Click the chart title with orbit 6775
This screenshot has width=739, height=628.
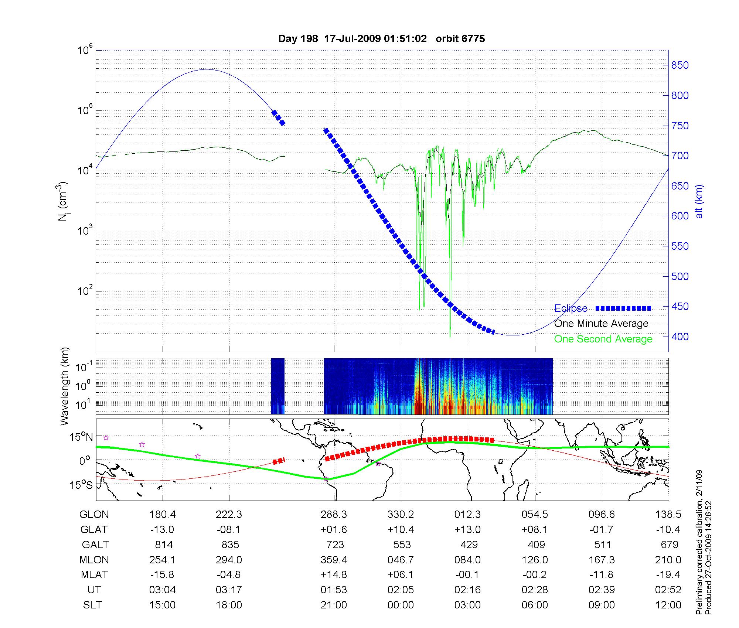[x=381, y=39]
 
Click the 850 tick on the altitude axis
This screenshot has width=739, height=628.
[x=680, y=65]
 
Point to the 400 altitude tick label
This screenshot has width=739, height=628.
[x=680, y=337]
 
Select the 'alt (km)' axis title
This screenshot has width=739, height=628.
[x=699, y=201]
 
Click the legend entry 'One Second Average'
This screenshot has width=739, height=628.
[x=603, y=339]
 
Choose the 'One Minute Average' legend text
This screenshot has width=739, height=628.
[x=601, y=324]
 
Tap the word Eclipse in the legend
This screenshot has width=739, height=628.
[x=571, y=308]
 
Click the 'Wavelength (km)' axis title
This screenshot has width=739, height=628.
[x=65, y=386]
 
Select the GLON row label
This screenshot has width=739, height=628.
[x=94, y=514]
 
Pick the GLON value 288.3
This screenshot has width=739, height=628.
[x=334, y=514]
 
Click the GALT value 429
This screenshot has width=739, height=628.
[x=468, y=545]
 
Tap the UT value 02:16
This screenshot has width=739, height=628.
[x=468, y=590]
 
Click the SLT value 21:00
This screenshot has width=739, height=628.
[x=334, y=605]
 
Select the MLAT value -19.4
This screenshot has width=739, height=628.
[x=668, y=574]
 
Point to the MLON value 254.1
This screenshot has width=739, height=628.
[x=162, y=560]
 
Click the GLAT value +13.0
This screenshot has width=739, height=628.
[x=468, y=529]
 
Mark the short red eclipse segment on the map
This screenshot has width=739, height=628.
[x=279, y=461]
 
